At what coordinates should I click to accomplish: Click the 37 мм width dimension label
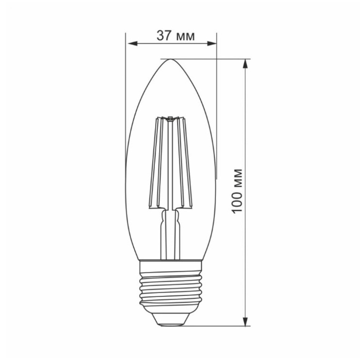pyautogui.click(x=176, y=36)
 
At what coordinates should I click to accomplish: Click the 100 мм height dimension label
pyautogui.click(x=237, y=191)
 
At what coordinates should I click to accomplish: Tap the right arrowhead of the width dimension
pyautogui.click(x=212, y=44)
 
